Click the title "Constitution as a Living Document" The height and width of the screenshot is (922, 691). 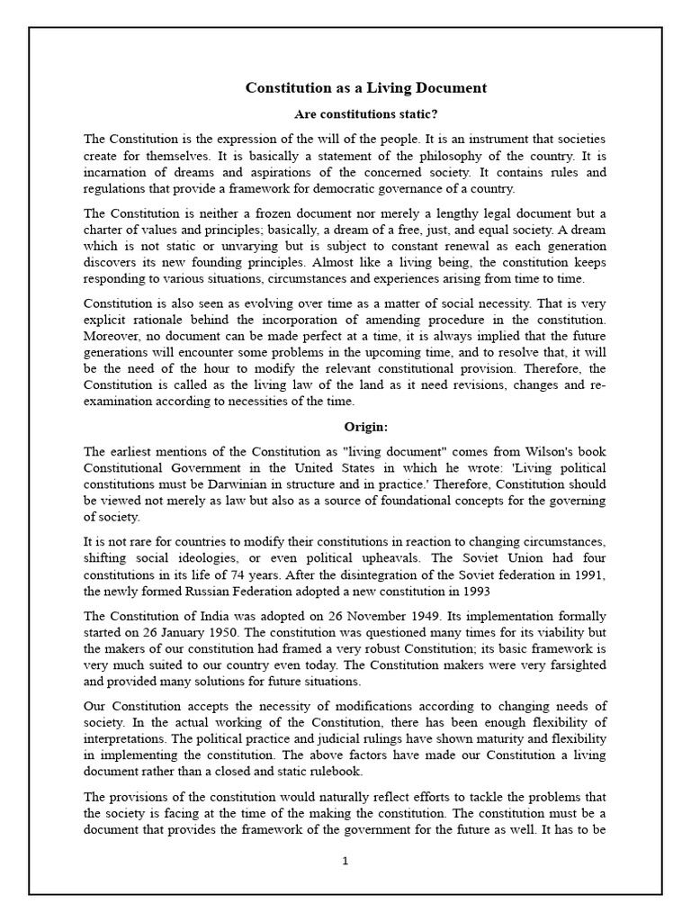pos(366,88)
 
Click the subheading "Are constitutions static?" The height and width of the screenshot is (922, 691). pos(366,114)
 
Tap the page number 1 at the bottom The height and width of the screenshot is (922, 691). pos(345,861)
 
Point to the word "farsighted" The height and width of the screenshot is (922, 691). pos(573,664)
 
